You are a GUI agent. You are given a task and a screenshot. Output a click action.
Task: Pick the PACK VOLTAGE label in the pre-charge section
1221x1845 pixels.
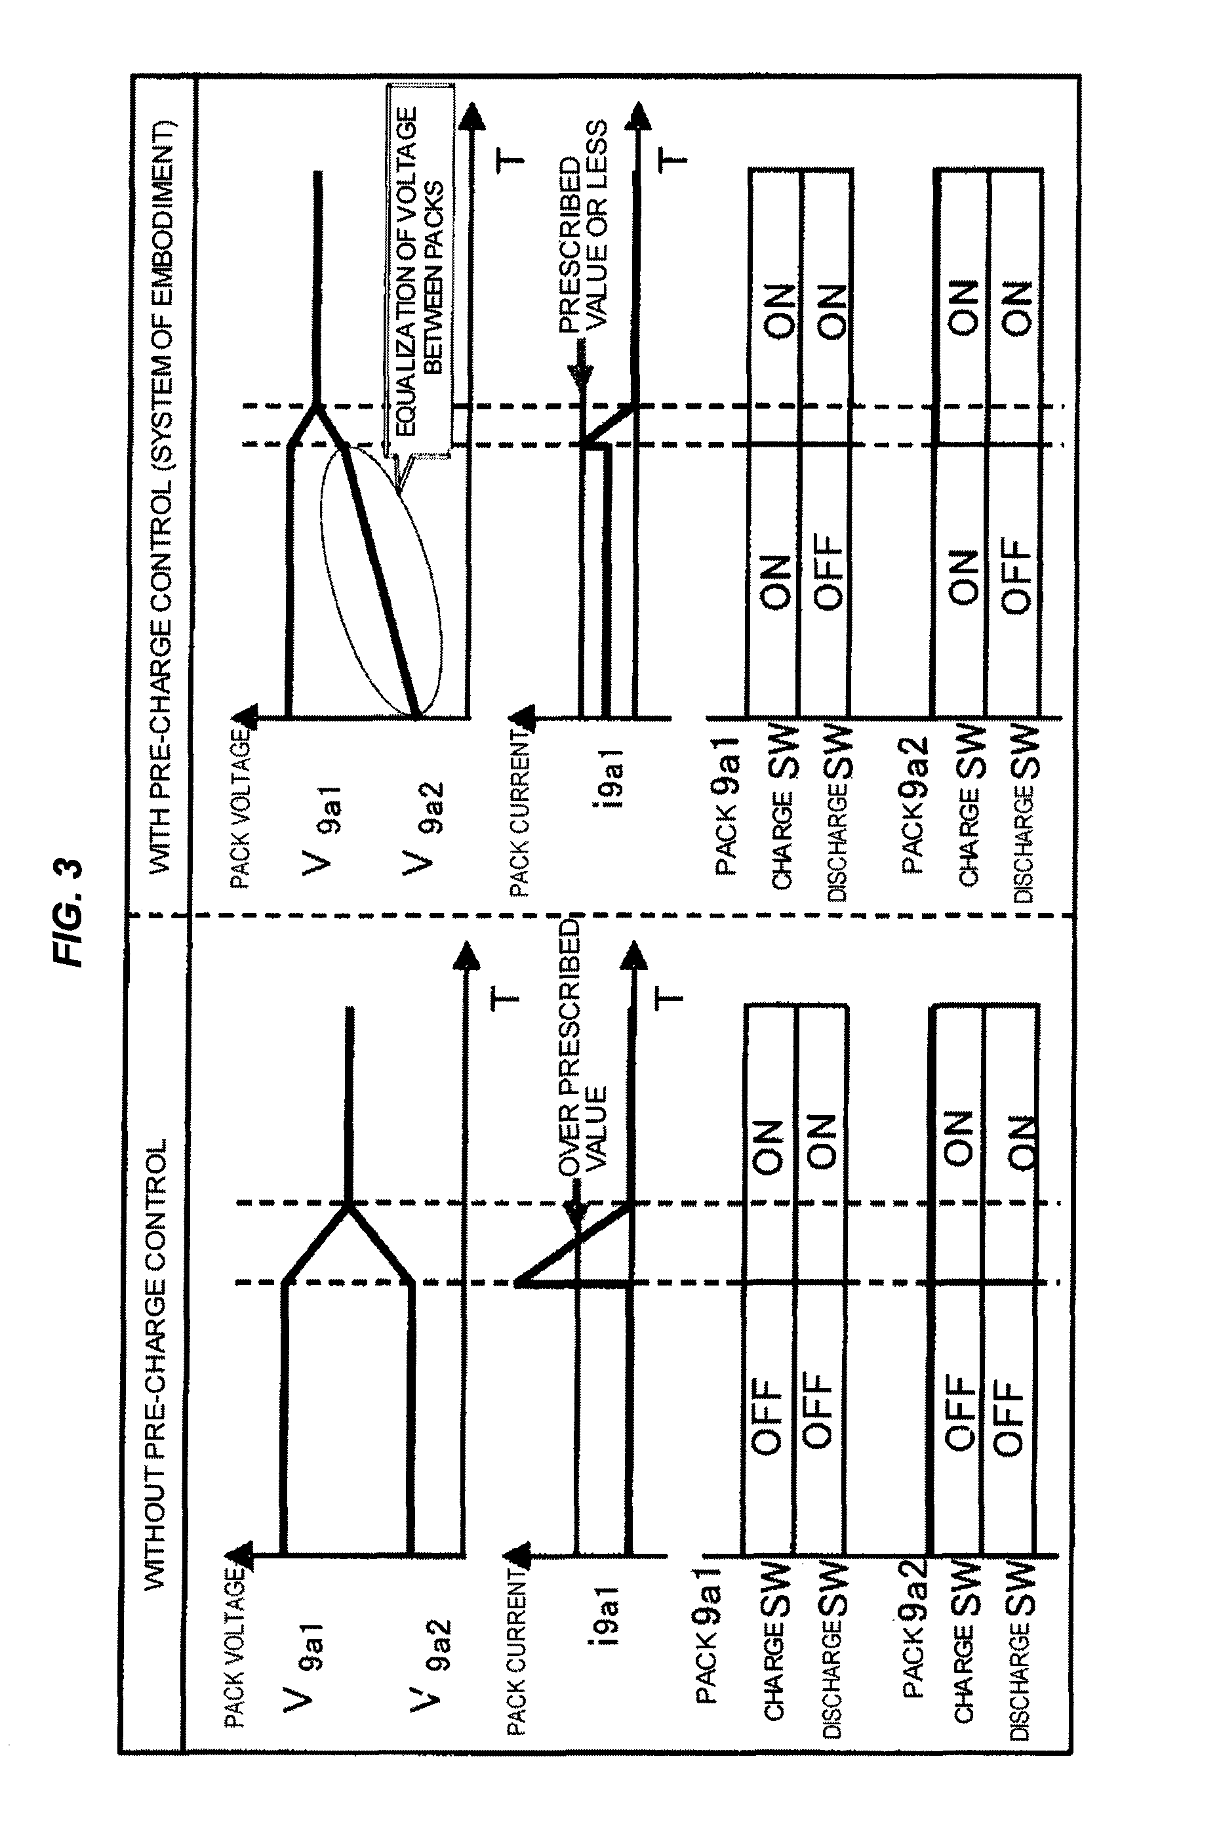pyautogui.click(x=240, y=809)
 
